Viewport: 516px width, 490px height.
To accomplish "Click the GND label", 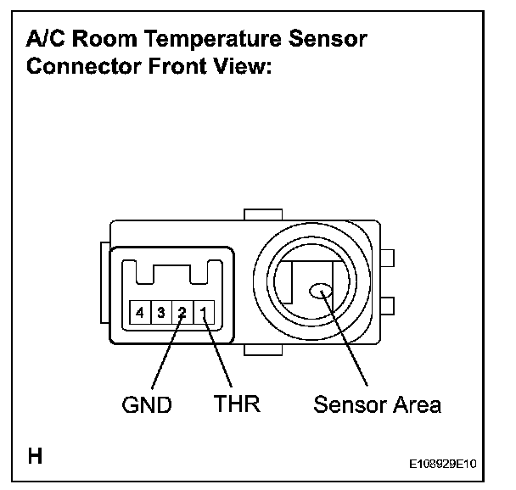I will coord(147,405).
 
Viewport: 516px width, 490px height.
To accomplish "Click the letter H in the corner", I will coord(36,455).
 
